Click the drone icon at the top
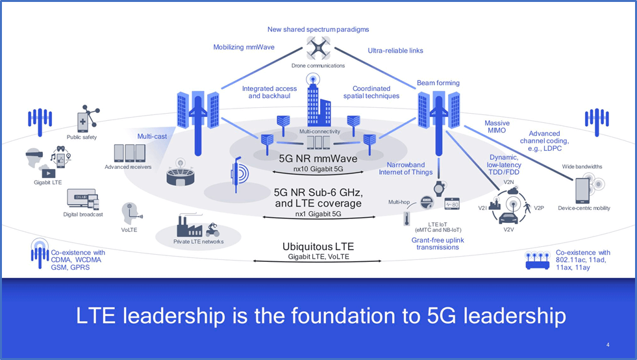pyautogui.click(x=318, y=47)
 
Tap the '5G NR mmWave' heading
pyautogui.click(x=317, y=157)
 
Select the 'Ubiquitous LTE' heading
pyautogui.click(x=318, y=247)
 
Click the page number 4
pyautogui.click(x=607, y=344)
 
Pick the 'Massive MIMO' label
pyautogui.click(x=497, y=127)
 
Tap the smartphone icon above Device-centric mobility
pyautogui.click(x=582, y=189)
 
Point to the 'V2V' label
pyautogui.click(x=508, y=229)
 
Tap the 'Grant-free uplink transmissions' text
pyautogui.click(x=437, y=243)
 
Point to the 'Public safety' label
pyautogui.click(x=82, y=137)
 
